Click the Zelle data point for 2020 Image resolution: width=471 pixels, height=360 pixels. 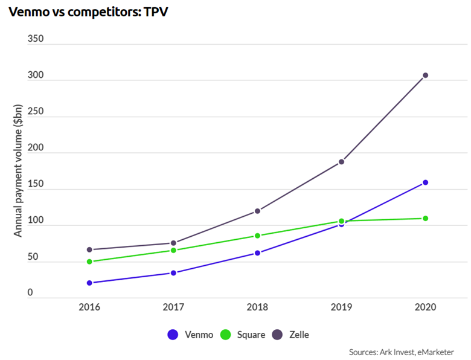coord(425,76)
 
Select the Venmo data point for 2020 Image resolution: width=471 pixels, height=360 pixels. coord(425,182)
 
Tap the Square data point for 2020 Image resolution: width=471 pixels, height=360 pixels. coord(425,218)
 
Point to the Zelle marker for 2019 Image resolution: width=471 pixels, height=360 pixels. coord(341,162)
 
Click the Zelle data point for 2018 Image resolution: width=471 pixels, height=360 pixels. coord(257,211)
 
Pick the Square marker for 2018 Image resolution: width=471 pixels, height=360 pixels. coord(257,236)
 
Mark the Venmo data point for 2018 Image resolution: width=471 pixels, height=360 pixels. coord(257,253)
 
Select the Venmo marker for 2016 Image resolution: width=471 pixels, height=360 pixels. coord(89,283)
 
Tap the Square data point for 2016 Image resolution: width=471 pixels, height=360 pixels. coord(89,262)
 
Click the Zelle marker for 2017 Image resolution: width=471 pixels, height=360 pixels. coord(173,243)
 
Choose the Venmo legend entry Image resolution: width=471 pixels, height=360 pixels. coord(190,334)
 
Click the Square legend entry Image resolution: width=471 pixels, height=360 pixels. coord(243,334)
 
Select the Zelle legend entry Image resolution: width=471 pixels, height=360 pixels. coord(292,334)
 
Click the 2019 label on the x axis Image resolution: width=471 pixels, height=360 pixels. coord(341,307)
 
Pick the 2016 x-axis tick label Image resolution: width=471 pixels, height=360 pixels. coord(89,307)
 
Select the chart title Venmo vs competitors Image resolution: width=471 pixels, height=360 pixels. coord(84,12)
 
